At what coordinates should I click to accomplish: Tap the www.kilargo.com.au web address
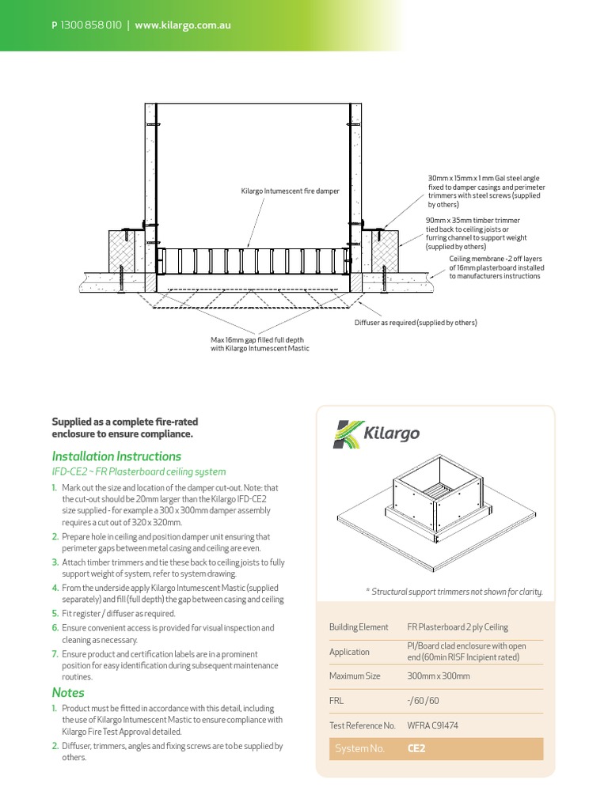[x=183, y=25]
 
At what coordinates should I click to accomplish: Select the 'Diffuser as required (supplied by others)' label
[x=415, y=323]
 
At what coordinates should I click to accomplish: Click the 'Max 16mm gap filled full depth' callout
[x=260, y=344]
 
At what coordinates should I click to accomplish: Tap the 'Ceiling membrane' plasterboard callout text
[x=496, y=267]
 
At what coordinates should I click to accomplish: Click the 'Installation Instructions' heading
[x=116, y=456]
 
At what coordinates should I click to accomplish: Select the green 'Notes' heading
[x=68, y=693]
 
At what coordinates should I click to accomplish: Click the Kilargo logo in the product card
[x=376, y=434]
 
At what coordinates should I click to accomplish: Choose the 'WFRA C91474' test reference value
[x=432, y=725]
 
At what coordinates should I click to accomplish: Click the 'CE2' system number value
[x=416, y=748]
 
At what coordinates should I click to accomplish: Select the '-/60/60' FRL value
[x=423, y=701]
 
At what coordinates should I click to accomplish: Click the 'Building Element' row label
[x=359, y=627]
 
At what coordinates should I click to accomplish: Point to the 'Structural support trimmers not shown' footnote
[x=454, y=592]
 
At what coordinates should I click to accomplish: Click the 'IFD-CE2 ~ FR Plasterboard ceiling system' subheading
[x=139, y=471]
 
